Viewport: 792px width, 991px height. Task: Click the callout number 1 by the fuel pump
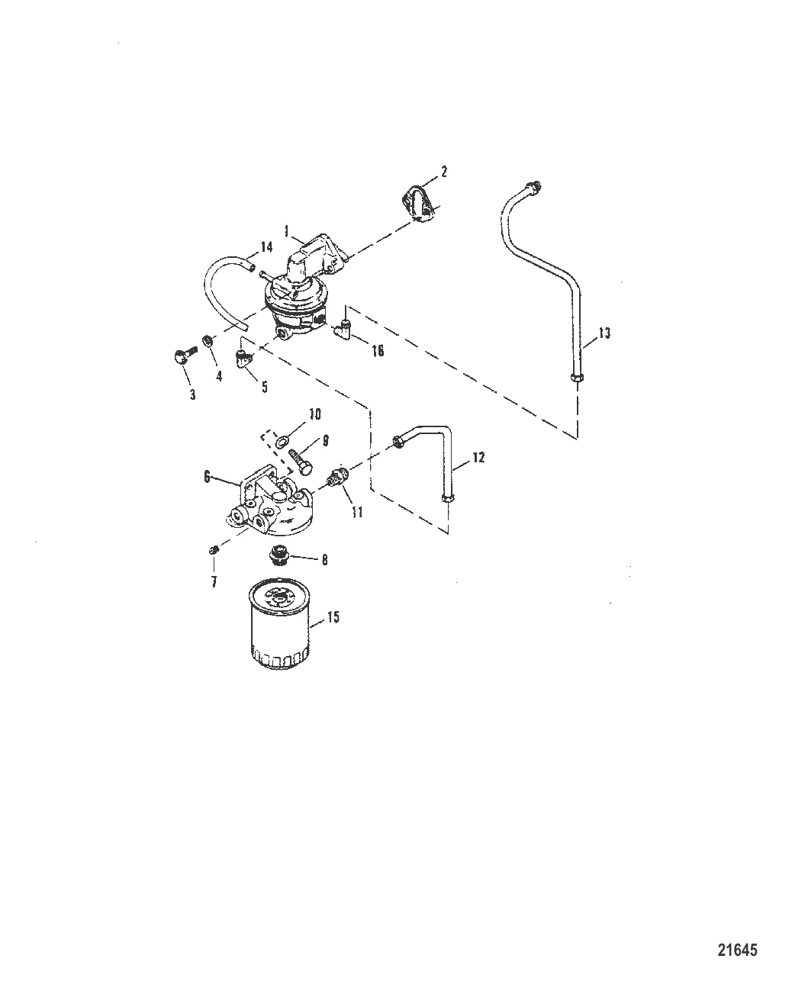tap(287, 229)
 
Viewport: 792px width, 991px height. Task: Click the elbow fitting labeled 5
tap(244, 358)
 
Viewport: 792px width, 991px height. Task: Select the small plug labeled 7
tap(214, 549)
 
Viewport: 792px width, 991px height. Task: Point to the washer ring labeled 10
tap(284, 439)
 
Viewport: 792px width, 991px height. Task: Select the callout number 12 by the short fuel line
tap(478, 458)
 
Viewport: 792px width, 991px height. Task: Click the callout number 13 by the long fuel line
tap(604, 333)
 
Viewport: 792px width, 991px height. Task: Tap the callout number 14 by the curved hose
tap(266, 247)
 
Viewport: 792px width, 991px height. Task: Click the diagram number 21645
tap(738, 951)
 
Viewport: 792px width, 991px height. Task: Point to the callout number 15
tap(333, 618)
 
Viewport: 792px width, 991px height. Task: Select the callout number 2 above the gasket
tap(443, 172)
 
